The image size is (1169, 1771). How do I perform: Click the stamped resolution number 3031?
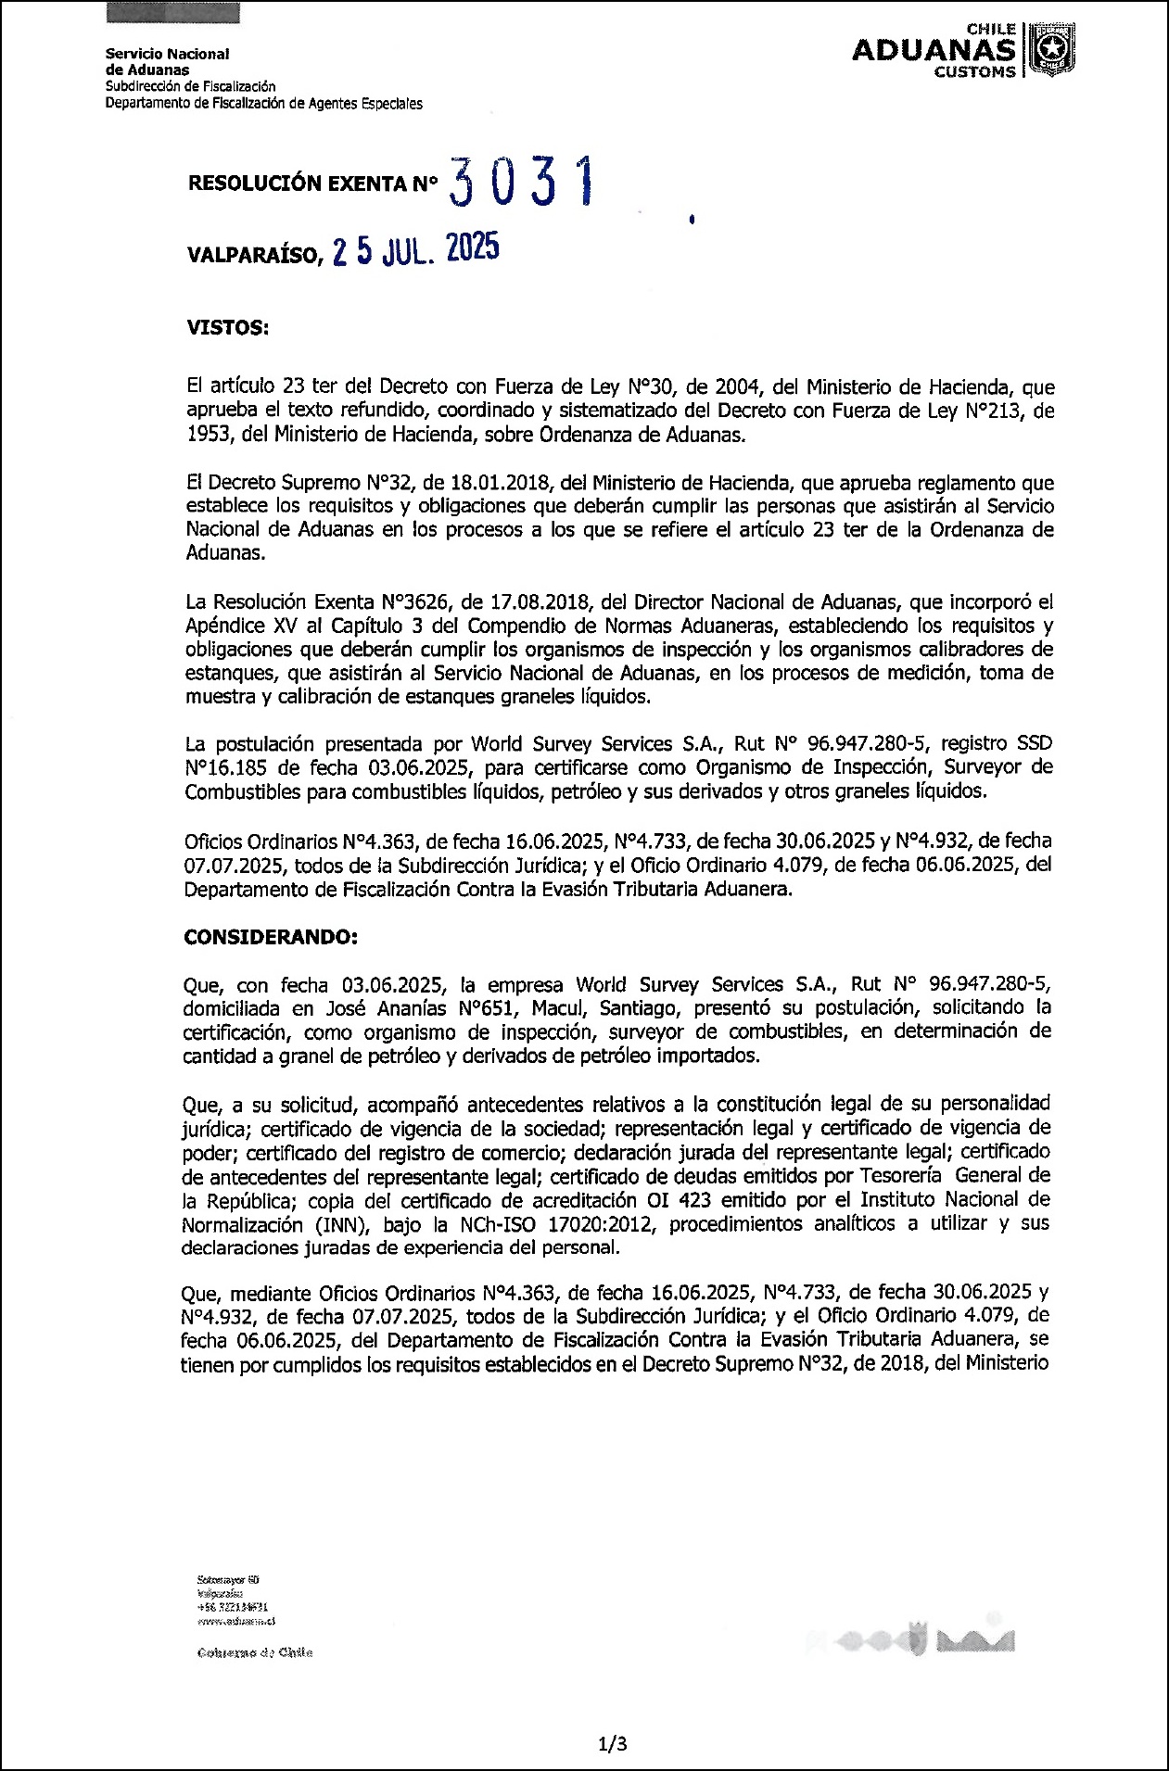pyautogui.click(x=519, y=182)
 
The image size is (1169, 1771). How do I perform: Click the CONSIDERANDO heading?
pyautogui.click(x=271, y=937)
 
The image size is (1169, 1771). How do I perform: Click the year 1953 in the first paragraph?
pyautogui.click(x=207, y=435)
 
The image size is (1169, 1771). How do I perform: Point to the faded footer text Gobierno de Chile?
pyautogui.click(x=255, y=1652)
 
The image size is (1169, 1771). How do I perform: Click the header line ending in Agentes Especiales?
pyautogui.click(x=263, y=104)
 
